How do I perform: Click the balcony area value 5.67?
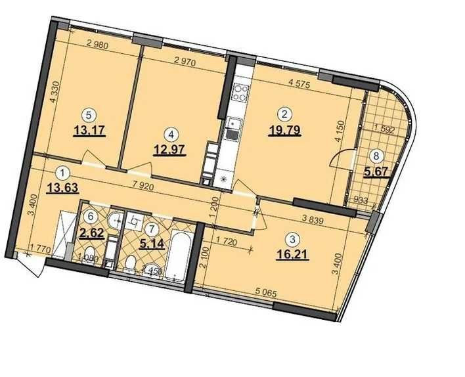pyautogui.click(x=375, y=173)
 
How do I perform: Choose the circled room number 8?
pyautogui.click(x=376, y=156)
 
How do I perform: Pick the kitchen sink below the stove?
pyautogui.click(x=233, y=131)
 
